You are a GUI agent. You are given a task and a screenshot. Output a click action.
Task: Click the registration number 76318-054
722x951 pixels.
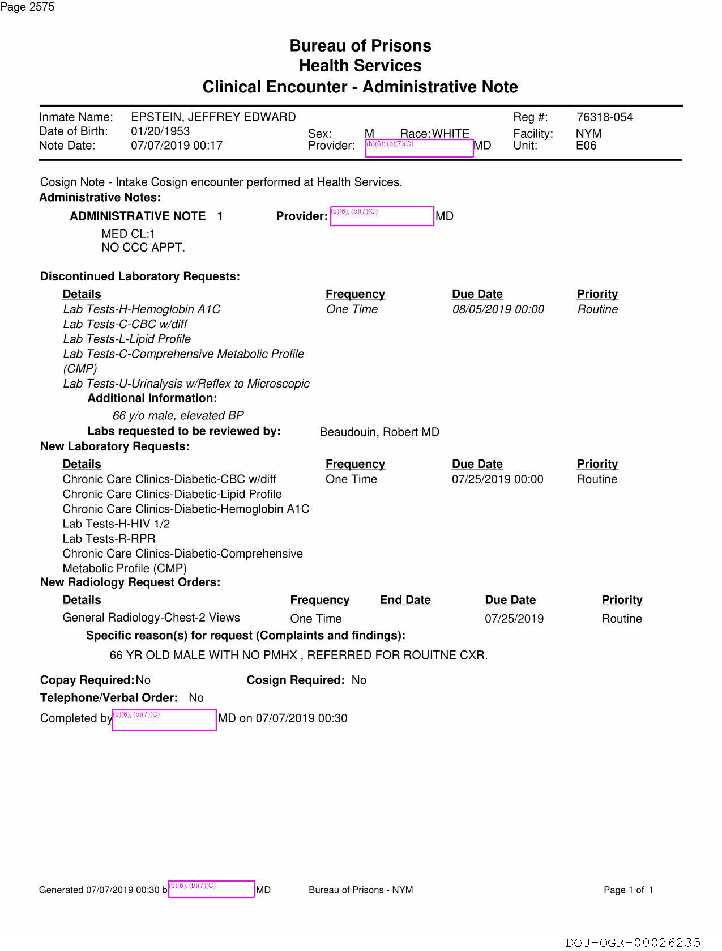604,117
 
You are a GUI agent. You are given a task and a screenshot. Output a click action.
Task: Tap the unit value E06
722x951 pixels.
586,145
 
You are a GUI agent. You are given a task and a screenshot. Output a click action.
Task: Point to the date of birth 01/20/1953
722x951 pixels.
160,131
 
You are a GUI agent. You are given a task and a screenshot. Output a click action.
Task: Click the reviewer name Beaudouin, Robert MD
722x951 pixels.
379,432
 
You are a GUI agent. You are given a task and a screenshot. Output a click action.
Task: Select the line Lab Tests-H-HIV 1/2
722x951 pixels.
116,524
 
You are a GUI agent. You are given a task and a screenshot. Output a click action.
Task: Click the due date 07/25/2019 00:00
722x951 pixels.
497,479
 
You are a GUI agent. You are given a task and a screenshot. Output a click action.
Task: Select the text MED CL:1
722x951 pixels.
128,234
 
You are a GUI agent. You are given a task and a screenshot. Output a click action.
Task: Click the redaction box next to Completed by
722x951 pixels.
164,720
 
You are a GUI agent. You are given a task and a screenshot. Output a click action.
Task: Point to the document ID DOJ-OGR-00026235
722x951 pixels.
633,943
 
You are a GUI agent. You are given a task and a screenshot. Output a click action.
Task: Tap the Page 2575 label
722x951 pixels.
27,7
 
